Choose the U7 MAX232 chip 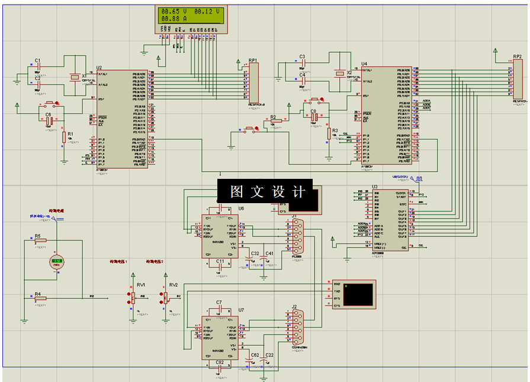[220, 338]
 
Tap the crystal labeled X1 [74, 77]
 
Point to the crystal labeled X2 [339, 74]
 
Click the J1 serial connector [297, 236]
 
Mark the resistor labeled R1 [64, 137]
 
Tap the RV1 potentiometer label [141, 285]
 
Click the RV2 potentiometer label [174, 285]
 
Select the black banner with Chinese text [265, 191]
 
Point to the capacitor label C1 [37, 60]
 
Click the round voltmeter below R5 [57, 261]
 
